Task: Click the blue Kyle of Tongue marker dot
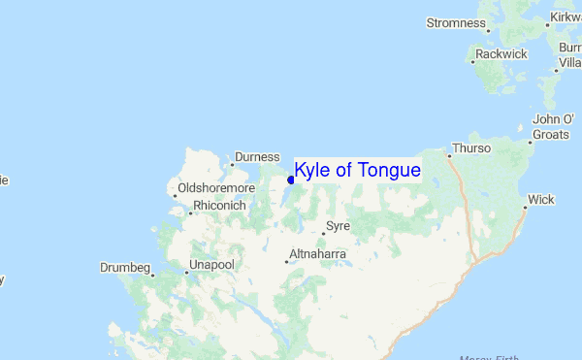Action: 291,180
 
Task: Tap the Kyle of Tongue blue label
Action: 357,171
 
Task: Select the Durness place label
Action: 258,156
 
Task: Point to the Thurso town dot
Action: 449,154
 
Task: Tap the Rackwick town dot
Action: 472,62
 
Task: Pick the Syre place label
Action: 338,226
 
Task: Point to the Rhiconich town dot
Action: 190,213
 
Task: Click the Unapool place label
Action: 211,264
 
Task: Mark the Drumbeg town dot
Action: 151,274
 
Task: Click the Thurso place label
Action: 472,148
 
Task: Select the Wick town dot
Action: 526,206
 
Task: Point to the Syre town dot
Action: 323,233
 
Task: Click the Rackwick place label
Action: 501,54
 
